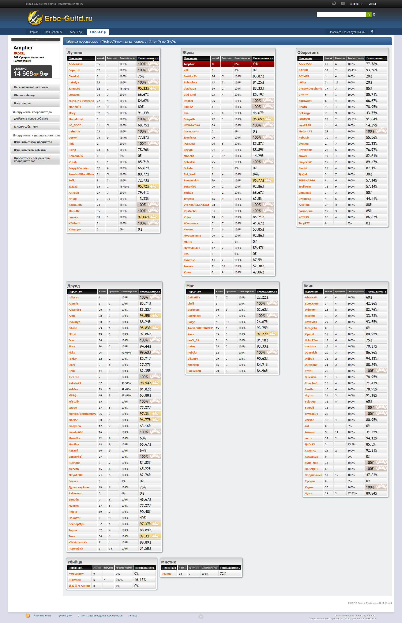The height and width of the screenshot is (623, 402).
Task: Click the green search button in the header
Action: (x=369, y=15)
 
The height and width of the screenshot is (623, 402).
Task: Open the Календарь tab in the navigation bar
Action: (x=76, y=32)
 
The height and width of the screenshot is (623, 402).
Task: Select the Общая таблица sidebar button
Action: (x=35, y=95)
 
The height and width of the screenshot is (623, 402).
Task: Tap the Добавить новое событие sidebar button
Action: (x=35, y=119)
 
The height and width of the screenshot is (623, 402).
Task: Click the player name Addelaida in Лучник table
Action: (x=75, y=64)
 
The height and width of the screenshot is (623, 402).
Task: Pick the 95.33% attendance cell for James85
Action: (x=148, y=89)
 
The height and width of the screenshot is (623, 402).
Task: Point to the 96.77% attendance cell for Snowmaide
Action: (x=263, y=181)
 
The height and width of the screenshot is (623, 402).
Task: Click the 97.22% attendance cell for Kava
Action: (x=267, y=334)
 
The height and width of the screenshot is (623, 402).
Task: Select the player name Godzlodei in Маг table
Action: (x=194, y=316)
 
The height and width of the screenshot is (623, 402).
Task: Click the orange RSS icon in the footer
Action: (x=28, y=616)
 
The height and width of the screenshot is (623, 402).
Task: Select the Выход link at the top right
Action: (x=372, y=4)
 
